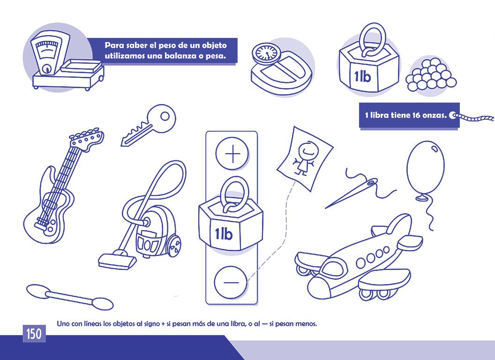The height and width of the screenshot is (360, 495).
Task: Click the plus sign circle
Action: [x=232, y=154]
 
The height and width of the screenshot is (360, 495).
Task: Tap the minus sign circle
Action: [x=231, y=282]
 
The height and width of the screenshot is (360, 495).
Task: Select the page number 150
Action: [x=34, y=333]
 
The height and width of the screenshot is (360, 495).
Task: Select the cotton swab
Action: [x=69, y=297]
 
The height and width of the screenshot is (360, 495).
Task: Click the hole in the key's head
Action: [x=165, y=116]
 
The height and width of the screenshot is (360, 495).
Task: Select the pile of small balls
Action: [x=431, y=75]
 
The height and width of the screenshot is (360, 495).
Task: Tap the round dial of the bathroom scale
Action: [x=267, y=52]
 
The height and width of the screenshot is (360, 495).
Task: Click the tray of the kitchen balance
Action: [x=82, y=67]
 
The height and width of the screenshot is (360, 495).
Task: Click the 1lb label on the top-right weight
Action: [x=362, y=76]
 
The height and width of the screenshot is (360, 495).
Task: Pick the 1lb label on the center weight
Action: [x=224, y=234]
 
